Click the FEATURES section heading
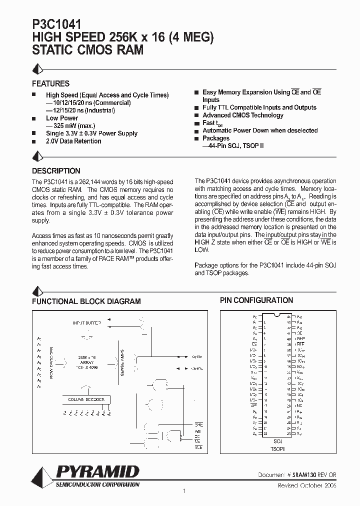50,83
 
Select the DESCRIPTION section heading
56,170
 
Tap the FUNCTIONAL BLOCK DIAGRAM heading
86,301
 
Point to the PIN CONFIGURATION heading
256,300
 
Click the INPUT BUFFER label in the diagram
87,324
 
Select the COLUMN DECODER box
86,399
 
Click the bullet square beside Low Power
34,118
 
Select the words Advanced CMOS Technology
242,115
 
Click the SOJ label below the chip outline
278,441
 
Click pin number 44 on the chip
288,317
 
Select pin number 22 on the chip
265,433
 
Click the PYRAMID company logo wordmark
97,472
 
